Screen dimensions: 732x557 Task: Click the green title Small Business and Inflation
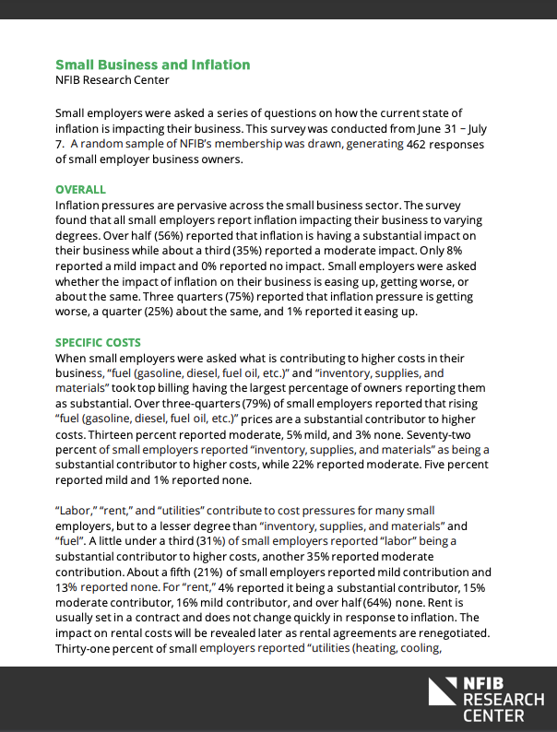point(152,65)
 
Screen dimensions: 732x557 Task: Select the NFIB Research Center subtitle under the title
point(113,80)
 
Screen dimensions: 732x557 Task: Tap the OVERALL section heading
point(80,189)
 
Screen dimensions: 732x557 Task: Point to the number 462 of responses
point(417,144)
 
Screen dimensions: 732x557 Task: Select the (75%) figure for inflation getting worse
point(184,297)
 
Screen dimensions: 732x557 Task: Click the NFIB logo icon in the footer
point(441,693)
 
